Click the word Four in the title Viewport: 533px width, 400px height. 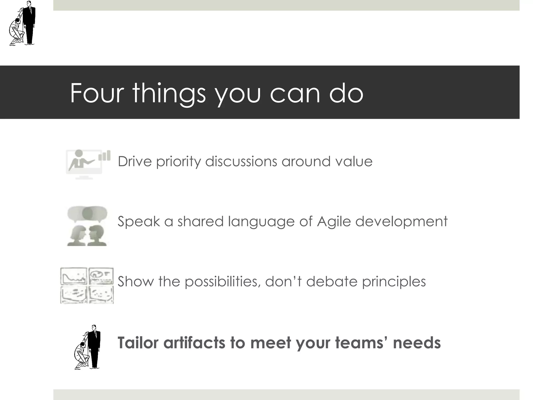97,93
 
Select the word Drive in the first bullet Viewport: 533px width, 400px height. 135,161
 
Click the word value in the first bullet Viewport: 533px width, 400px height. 354,161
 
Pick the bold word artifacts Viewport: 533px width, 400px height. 194,342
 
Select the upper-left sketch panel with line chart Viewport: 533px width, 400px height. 74,276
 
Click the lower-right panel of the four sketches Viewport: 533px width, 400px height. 101,294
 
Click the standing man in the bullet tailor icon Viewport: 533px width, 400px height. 94,346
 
